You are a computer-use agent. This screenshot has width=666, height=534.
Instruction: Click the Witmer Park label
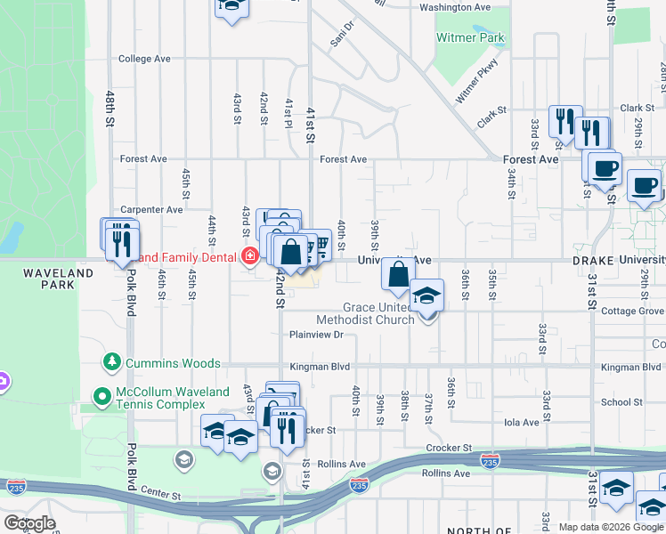click(470, 38)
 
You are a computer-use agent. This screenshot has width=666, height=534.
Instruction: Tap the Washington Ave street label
click(455, 7)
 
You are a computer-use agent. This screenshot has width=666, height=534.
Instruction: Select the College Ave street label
click(143, 59)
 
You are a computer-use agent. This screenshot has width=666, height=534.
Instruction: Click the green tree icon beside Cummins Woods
click(112, 361)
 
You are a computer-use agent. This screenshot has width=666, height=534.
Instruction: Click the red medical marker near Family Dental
click(250, 257)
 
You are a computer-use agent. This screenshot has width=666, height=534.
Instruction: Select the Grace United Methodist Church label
click(365, 313)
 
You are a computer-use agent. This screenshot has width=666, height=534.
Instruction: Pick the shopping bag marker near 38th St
click(398, 276)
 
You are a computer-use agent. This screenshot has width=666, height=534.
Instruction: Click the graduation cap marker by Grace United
click(426, 295)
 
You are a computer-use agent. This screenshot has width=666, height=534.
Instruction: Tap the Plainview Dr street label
click(316, 335)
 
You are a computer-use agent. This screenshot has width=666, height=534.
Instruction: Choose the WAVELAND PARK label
click(59, 279)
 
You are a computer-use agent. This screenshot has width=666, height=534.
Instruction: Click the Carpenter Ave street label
click(151, 210)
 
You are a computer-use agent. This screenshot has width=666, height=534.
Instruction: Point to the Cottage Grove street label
click(632, 311)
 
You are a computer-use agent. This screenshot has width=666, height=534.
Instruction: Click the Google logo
click(29, 523)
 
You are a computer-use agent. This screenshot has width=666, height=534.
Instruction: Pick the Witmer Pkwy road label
click(476, 81)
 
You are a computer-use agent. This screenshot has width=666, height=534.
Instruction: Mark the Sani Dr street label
click(342, 35)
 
